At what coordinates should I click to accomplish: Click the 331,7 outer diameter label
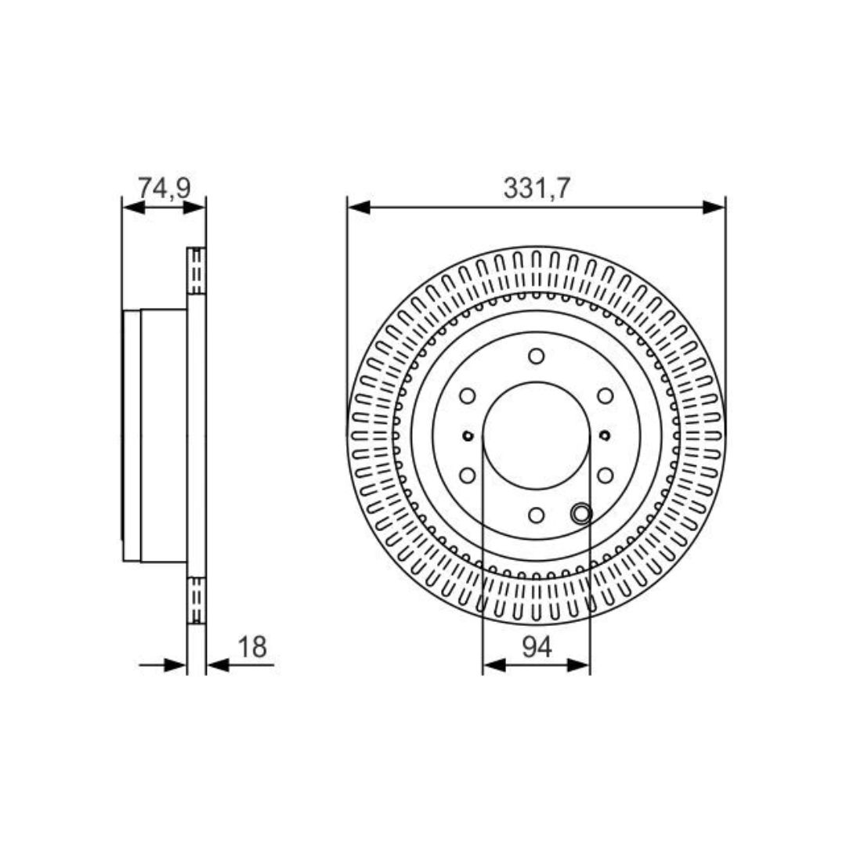(x=536, y=189)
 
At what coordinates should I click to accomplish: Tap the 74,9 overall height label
(x=164, y=188)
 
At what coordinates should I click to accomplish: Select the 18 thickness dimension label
(x=252, y=647)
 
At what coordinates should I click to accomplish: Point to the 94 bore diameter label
(x=537, y=647)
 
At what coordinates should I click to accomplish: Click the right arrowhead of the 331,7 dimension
(x=714, y=207)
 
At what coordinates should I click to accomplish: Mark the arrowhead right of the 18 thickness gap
(x=217, y=665)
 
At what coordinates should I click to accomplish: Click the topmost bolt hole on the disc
(x=536, y=356)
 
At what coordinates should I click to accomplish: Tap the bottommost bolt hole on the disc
(x=536, y=515)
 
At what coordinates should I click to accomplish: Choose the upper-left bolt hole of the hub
(x=468, y=396)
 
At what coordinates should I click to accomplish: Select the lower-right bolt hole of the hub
(x=605, y=475)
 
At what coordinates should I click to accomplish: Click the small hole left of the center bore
(x=468, y=436)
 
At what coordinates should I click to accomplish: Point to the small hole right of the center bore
(x=605, y=435)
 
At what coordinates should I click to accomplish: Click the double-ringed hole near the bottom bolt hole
(x=580, y=514)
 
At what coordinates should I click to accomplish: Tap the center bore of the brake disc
(x=536, y=436)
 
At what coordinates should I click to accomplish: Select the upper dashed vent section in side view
(x=197, y=271)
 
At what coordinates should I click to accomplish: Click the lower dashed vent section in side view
(x=197, y=600)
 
